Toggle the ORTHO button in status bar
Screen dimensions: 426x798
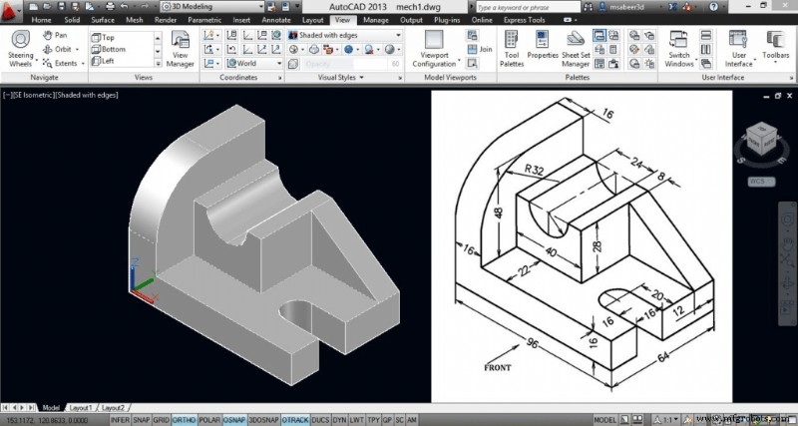coord(184,420)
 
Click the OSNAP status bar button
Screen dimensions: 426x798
coord(234,420)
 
